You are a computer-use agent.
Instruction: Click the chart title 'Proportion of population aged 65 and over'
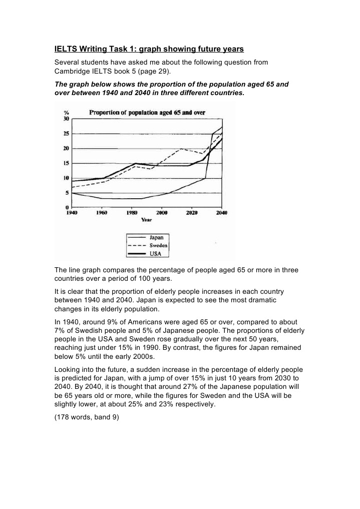(x=147, y=113)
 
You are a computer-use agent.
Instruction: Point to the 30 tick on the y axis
(x=66, y=119)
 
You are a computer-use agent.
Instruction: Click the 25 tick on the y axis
(x=66, y=134)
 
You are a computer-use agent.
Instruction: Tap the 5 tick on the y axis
(x=67, y=193)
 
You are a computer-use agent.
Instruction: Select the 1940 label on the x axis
(x=73, y=213)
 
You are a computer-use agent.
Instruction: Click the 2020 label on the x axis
(x=192, y=213)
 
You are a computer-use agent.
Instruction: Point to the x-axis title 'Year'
(x=146, y=219)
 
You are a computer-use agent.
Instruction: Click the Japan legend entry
(x=156, y=238)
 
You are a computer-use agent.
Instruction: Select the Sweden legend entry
(x=158, y=246)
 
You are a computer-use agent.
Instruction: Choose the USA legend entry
(x=155, y=253)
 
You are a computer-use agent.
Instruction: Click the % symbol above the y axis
(x=66, y=113)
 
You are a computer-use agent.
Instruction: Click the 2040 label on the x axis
(x=221, y=213)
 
